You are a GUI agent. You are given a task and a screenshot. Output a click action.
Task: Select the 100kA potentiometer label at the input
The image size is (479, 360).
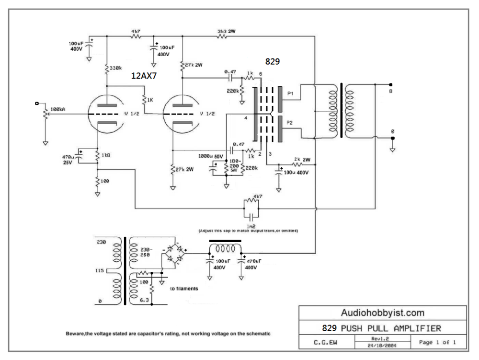pos(57,109)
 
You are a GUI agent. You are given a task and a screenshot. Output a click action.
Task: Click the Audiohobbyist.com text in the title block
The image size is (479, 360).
pos(382,313)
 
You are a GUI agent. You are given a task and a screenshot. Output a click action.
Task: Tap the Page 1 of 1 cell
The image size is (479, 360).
pos(437,343)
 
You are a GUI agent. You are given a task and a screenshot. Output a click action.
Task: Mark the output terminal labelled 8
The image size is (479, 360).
pos(391,90)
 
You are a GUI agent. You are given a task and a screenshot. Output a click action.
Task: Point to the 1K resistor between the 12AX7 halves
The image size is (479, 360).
pos(150,100)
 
